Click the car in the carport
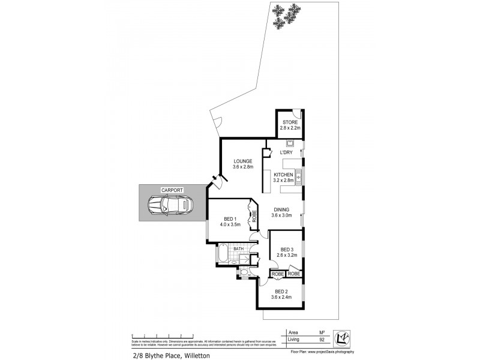[x=172, y=205]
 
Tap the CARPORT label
[x=172, y=190]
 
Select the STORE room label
[x=289, y=122]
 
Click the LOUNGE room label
[x=243, y=161]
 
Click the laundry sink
[x=289, y=143]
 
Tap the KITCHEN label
[x=283, y=174]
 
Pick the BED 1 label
[x=230, y=219]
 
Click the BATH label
[x=238, y=248]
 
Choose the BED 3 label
[x=285, y=250]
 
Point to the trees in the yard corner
[x=286, y=15]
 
